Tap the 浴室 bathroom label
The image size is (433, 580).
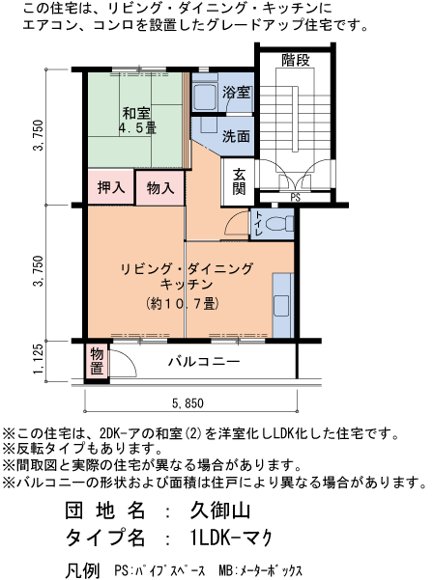pos(236,94)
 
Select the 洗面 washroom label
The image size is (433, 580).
pos(236,136)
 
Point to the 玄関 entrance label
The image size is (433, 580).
pos(238,180)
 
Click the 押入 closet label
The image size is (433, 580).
pos(111,187)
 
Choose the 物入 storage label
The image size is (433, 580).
pos(160,187)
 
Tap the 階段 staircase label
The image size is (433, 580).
pos(295,61)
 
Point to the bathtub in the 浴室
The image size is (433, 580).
pos(204,96)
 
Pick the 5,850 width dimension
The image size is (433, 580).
pos(188,403)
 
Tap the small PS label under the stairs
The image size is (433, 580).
pos(294,198)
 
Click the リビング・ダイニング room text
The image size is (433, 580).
pos(187,268)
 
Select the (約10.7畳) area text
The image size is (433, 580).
pos(182,303)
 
